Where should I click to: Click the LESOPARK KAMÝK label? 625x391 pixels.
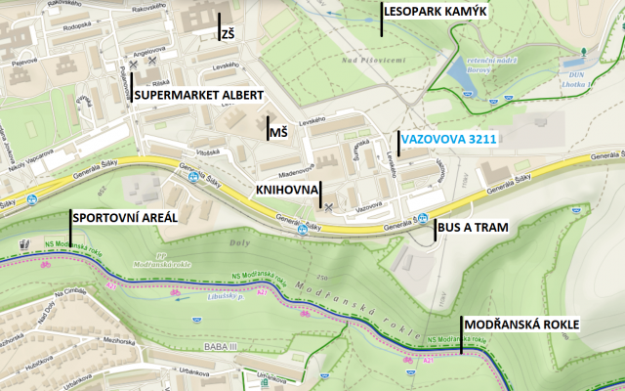point(435,12)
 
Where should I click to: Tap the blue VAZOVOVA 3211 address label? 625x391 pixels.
point(448,140)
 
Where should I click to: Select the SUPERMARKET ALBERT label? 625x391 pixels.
point(199,95)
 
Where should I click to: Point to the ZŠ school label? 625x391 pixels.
point(229,32)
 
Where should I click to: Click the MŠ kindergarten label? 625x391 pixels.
point(278,131)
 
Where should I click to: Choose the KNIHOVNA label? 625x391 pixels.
point(284,189)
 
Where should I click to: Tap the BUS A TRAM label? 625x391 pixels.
point(474,227)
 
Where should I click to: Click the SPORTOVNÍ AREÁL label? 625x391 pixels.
point(125,217)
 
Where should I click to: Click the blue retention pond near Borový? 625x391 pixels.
point(457,71)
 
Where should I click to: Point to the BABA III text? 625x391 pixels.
point(217,345)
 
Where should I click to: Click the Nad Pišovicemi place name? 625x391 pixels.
point(372,61)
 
